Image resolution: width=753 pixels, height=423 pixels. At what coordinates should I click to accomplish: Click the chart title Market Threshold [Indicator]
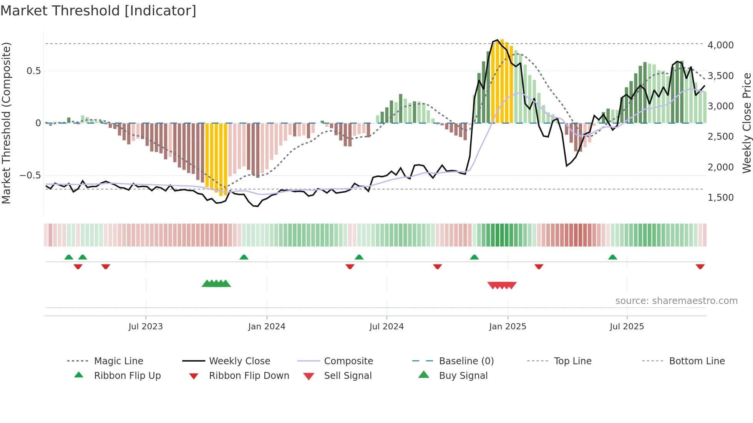click(x=98, y=11)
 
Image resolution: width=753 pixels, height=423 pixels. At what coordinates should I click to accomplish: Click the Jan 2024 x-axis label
click(x=267, y=327)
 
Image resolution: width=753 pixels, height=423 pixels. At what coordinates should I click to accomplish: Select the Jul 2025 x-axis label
click(x=627, y=327)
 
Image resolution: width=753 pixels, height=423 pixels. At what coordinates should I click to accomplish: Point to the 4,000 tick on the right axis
click(x=720, y=45)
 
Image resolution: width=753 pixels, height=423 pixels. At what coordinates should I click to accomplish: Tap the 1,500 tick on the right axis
click(x=720, y=198)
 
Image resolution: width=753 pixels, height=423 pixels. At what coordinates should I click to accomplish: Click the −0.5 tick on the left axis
click(x=30, y=175)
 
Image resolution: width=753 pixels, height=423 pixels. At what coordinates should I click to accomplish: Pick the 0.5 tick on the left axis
click(x=33, y=71)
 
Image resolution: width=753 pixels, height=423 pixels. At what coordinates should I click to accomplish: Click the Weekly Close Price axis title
click(x=746, y=123)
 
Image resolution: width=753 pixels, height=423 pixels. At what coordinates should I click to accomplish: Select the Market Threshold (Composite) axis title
click(x=6, y=123)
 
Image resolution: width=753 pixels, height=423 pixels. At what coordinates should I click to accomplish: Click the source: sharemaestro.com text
click(x=676, y=301)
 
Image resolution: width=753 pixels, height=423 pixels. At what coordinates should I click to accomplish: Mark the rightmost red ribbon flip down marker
click(x=700, y=266)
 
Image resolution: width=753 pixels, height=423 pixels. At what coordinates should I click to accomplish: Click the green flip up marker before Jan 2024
click(x=244, y=257)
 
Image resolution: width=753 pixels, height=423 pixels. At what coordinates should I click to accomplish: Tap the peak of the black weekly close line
click(x=498, y=40)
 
